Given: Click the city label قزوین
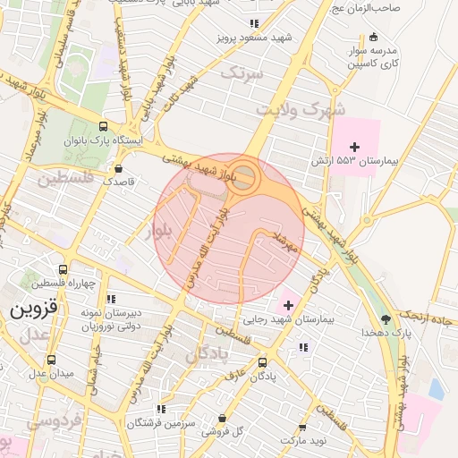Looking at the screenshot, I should tap(34, 310).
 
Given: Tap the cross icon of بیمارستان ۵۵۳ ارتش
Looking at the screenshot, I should tap(354, 146).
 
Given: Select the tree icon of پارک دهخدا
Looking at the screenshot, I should tap(386, 318).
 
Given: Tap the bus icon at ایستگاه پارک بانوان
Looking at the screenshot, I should tap(103, 127).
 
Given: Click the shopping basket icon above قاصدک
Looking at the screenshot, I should tap(118, 167).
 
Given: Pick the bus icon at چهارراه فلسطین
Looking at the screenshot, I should tap(63, 269).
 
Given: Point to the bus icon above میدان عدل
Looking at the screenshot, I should tap(50, 359).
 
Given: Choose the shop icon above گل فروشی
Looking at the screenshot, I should tap(222, 418).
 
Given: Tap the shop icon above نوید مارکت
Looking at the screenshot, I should tap(302, 428).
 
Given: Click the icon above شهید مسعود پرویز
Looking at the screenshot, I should tap(254, 24).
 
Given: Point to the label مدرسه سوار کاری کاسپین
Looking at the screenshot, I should tap(373, 57).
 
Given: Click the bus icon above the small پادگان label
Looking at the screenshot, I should tap(262, 362).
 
